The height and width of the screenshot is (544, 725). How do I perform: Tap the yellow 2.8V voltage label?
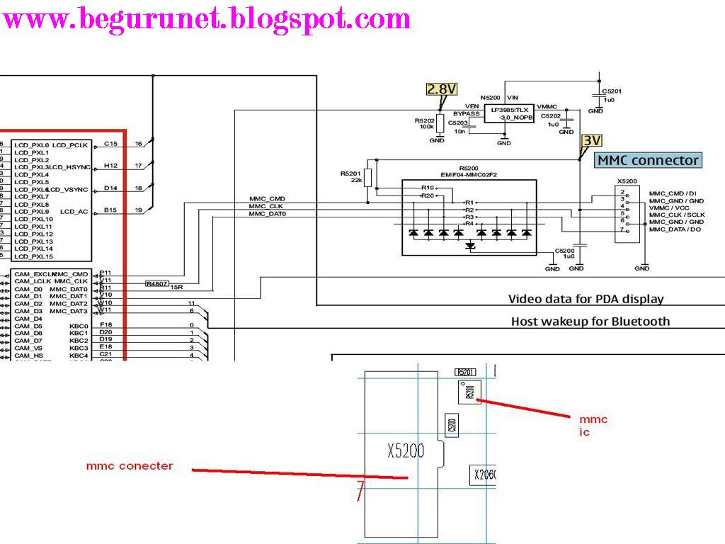pyautogui.click(x=441, y=89)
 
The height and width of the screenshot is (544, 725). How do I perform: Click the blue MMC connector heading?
pyautogui.click(x=648, y=160)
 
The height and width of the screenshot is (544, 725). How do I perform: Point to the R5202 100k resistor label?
pyautogui.click(x=425, y=123)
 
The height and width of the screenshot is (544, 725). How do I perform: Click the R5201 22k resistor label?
pyautogui.click(x=350, y=176)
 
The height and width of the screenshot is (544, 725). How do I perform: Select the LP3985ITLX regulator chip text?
pyautogui.click(x=507, y=110)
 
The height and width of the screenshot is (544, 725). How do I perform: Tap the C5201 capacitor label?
pyautogui.click(x=612, y=91)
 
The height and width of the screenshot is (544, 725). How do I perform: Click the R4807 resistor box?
pyautogui.click(x=156, y=283)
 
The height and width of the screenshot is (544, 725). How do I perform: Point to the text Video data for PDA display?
pyautogui.click(x=586, y=299)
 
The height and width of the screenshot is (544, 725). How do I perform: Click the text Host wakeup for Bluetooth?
pyautogui.click(x=590, y=321)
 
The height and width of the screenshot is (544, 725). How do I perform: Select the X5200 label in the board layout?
pyautogui.click(x=406, y=450)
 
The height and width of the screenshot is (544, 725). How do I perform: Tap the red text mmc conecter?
pyautogui.click(x=130, y=465)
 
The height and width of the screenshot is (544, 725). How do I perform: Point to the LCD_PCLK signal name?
pyautogui.click(x=70, y=145)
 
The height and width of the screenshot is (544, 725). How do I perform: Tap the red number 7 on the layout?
pyautogui.click(x=360, y=490)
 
